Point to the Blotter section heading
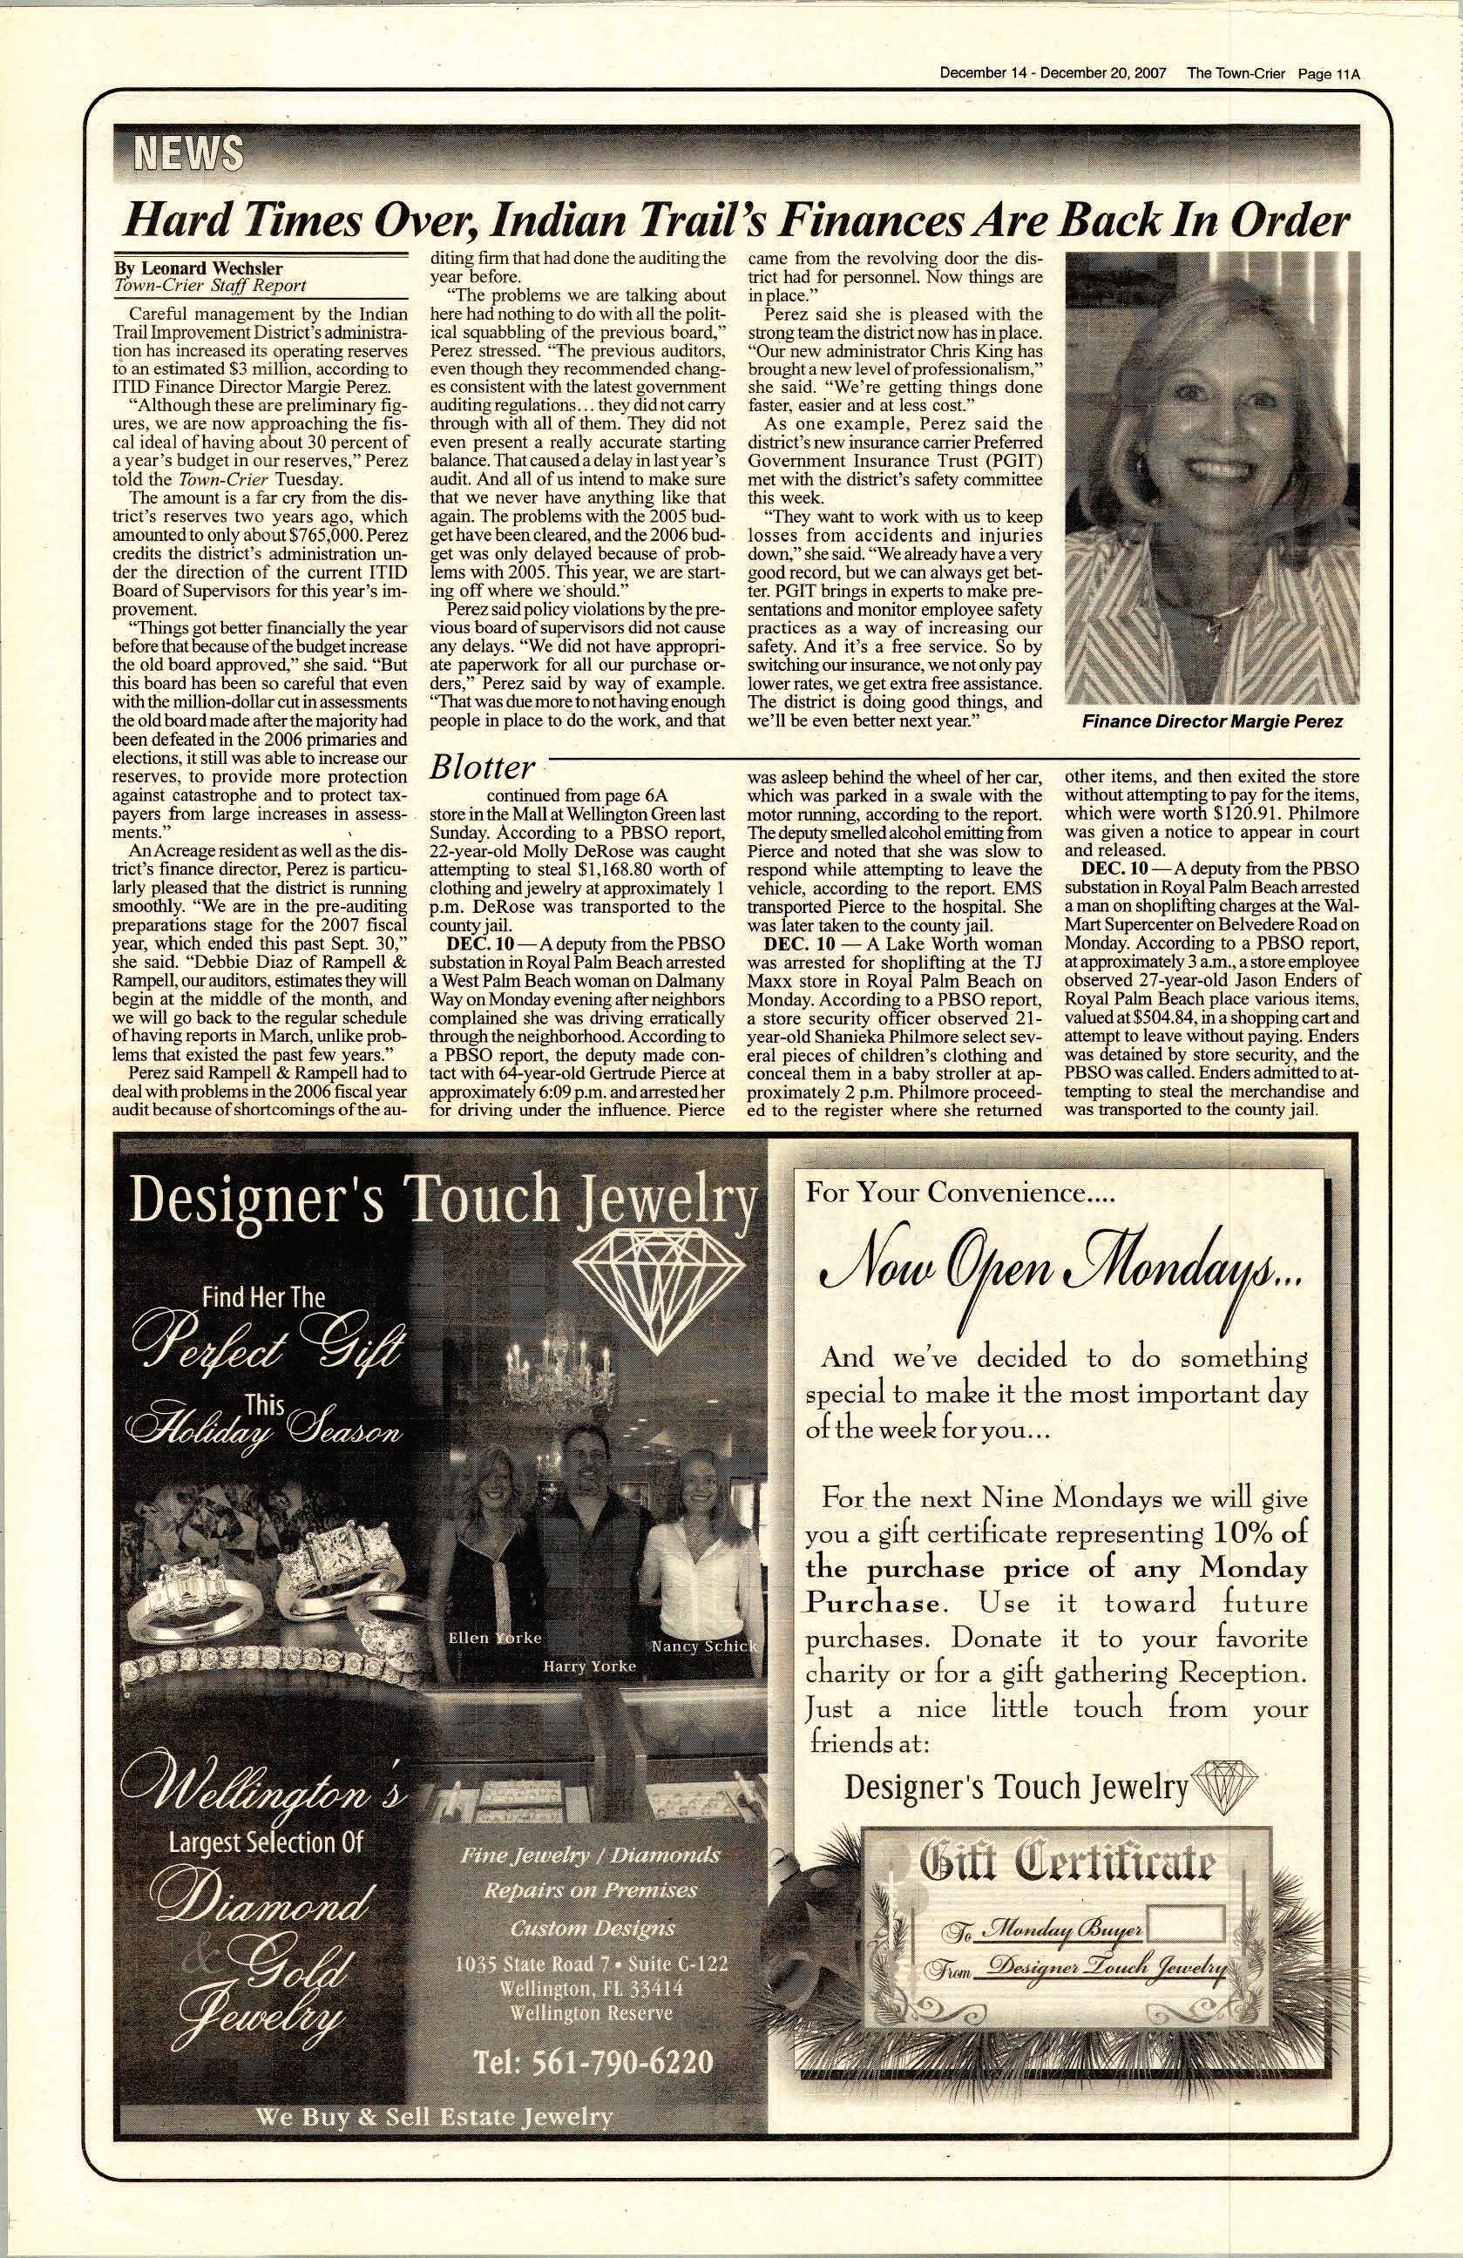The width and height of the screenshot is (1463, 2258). pyautogui.click(x=482, y=767)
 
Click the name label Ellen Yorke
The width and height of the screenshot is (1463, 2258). pyautogui.click(x=495, y=1639)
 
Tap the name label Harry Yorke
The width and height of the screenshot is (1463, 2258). pyautogui.click(x=589, y=1666)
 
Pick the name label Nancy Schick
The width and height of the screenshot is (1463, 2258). pyautogui.click(x=703, y=1645)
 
